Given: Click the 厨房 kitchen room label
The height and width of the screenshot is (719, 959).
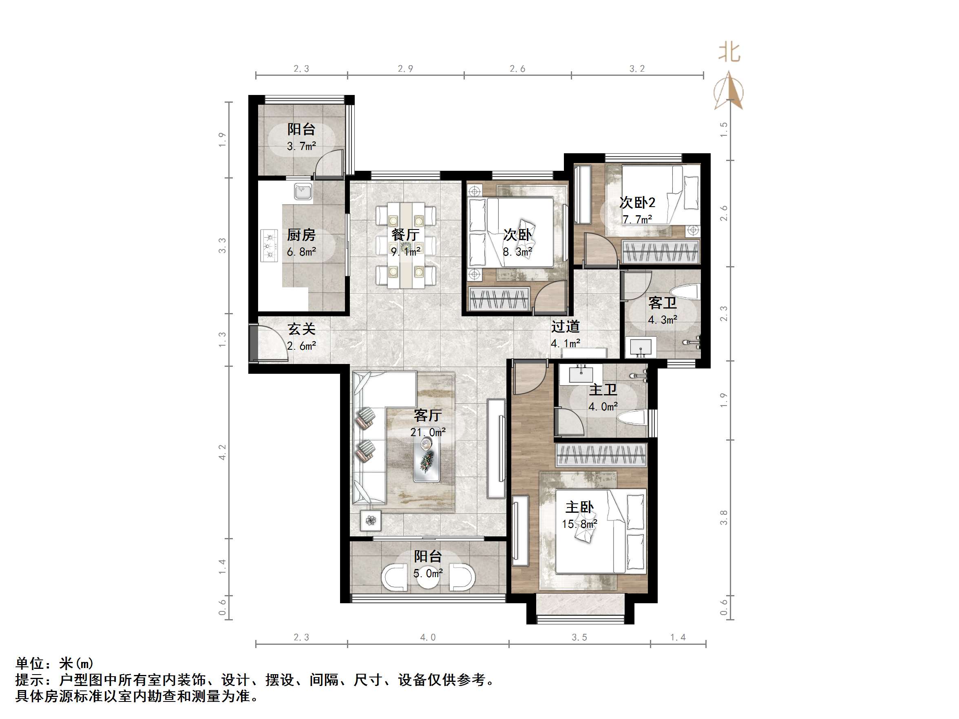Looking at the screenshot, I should [301, 235].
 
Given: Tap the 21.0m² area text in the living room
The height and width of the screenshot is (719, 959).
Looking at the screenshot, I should [427, 432].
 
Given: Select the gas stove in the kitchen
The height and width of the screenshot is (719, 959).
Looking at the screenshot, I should [270, 246].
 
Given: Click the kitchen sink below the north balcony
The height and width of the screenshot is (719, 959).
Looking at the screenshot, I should [303, 192].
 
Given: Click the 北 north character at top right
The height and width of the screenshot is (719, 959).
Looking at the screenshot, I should [729, 53].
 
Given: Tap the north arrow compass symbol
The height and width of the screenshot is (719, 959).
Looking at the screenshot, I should [729, 91].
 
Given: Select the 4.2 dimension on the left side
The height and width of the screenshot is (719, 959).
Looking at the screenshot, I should [222, 452].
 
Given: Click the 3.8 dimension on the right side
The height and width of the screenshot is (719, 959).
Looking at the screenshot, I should [724, 518].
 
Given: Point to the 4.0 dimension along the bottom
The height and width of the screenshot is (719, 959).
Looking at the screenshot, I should [427, 637].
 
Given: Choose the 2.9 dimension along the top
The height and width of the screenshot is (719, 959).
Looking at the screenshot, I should [405, 68].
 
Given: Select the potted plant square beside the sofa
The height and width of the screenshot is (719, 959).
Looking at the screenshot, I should [371, 520].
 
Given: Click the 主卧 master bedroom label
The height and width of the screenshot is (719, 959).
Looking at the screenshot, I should [579, 507].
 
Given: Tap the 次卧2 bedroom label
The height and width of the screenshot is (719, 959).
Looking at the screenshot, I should [637, 203].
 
